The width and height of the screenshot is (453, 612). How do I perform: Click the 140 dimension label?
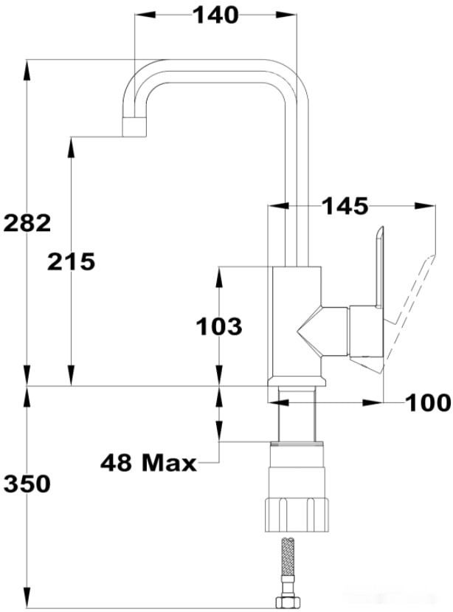[x=215, y=15]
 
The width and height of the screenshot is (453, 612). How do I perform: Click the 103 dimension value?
[x=219, y=326]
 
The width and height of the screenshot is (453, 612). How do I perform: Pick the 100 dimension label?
[x=427, y=403]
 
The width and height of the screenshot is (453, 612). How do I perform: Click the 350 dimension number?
[x=27, y=484]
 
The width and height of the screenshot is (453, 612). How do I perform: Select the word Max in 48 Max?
[x=170, y=464]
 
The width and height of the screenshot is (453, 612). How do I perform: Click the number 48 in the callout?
[x=117, y=464]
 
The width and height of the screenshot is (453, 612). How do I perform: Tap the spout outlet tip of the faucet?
[x=134, y=128]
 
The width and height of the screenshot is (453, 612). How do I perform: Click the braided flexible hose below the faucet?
[x=287, y=561]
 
